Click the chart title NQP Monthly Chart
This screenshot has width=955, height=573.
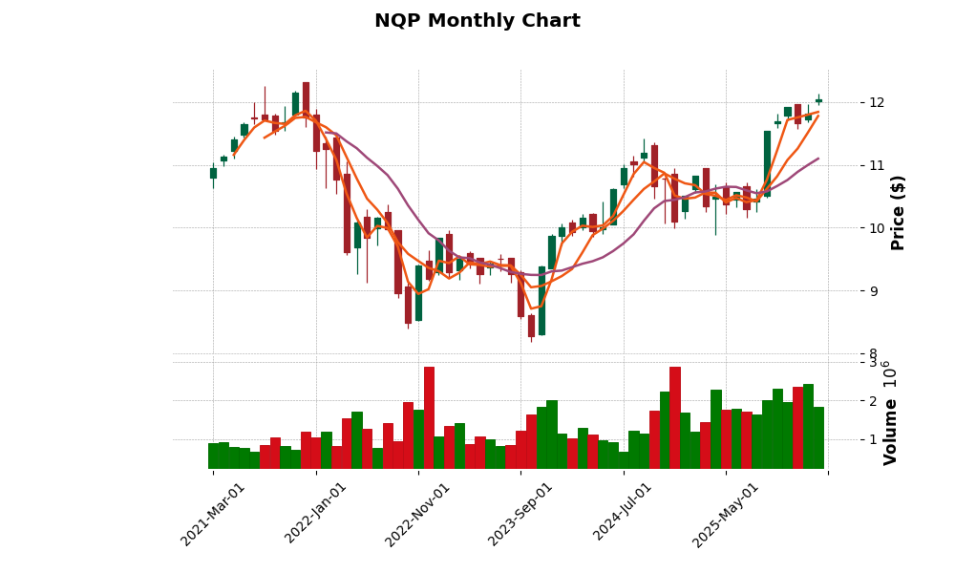477,21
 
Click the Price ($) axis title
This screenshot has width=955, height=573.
898,212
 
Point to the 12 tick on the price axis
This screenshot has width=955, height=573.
876,103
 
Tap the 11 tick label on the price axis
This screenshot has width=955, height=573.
876,165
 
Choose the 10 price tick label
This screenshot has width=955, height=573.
876,228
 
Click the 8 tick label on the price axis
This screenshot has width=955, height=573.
871,353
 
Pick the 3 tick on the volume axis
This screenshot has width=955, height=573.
871,363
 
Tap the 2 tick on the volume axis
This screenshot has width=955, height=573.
871,401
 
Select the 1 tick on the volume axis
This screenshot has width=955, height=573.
871,440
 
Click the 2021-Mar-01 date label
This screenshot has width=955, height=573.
213,514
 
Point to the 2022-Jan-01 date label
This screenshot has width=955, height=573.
316,514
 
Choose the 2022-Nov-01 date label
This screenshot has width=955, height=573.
418,514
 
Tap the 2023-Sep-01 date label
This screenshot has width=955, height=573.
521,514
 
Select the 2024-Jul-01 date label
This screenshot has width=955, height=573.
623,514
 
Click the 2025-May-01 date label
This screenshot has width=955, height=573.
726,514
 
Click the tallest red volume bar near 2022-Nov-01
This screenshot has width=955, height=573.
429,417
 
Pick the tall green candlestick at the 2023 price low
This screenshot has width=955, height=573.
541,301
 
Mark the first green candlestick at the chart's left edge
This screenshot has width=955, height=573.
213,173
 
